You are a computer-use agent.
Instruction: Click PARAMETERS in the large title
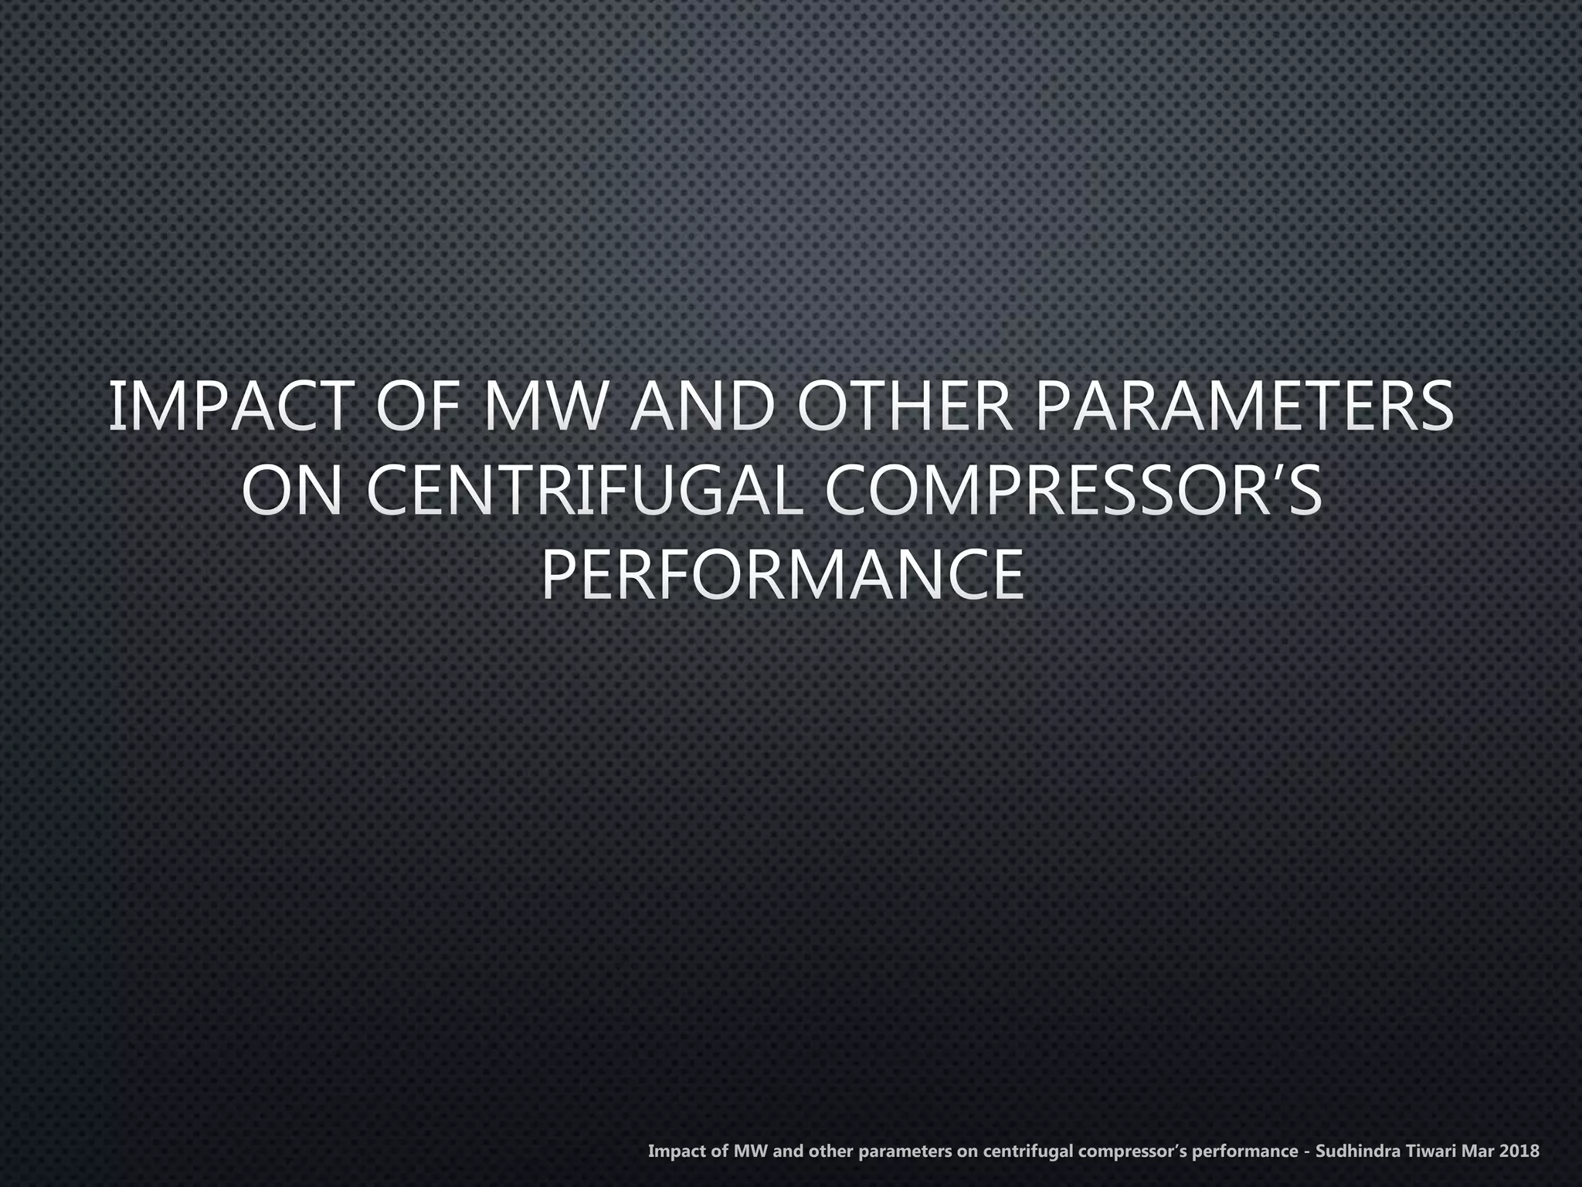click(1245, 406)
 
